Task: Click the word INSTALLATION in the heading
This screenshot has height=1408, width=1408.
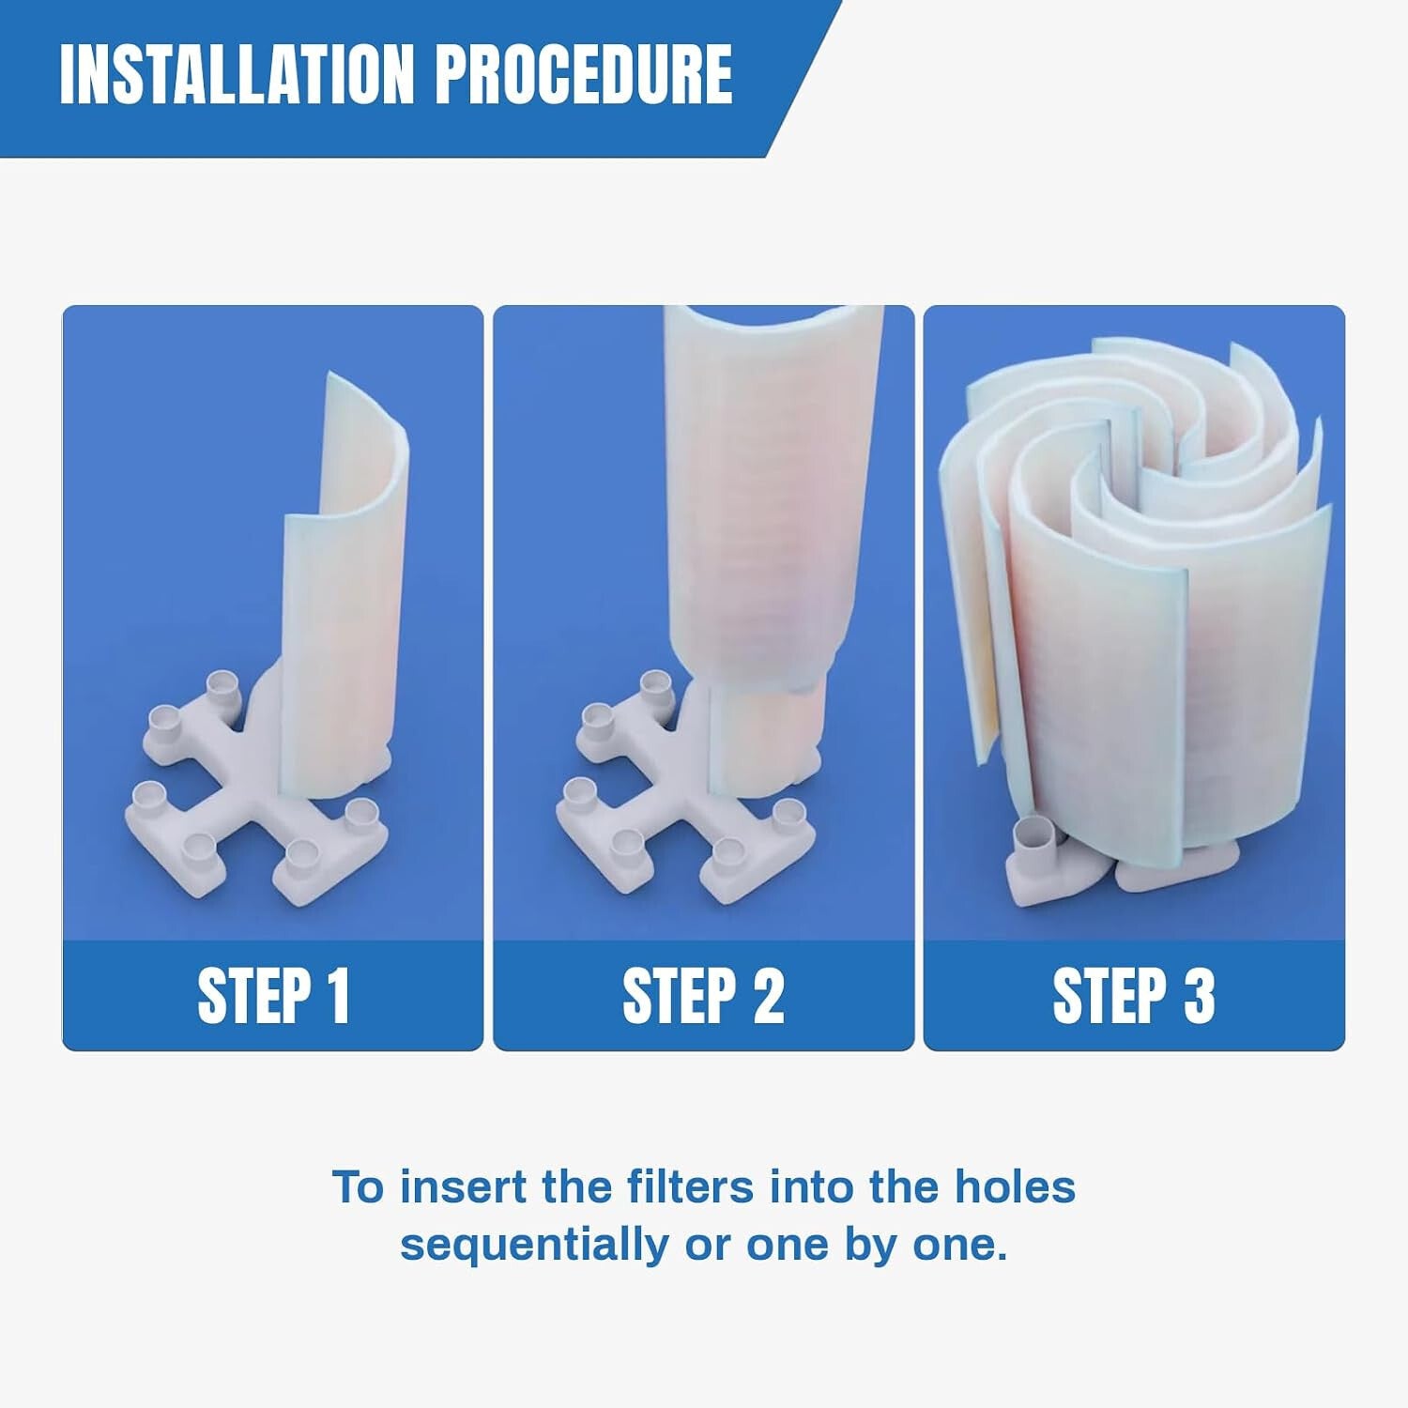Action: pyautogui.click(x=237, y=74)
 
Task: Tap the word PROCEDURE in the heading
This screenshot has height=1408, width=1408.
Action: pyautogui.click(x=584, y=74)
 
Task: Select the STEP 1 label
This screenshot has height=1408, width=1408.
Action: pyautogui.click(x=273, y=996)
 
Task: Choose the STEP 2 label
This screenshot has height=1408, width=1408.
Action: pyautogui.click(x=703, y=996)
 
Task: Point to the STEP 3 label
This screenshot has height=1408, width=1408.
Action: pyautogui.click(x=1133, y=996)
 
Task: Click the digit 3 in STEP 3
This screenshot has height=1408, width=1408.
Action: pyautogui.click(x=1199, y=996)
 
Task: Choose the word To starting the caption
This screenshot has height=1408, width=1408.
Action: pyautogui.click(x=359, y=1187)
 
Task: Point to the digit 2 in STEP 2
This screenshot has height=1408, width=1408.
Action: pyautogui.click(x=768, y=996)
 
